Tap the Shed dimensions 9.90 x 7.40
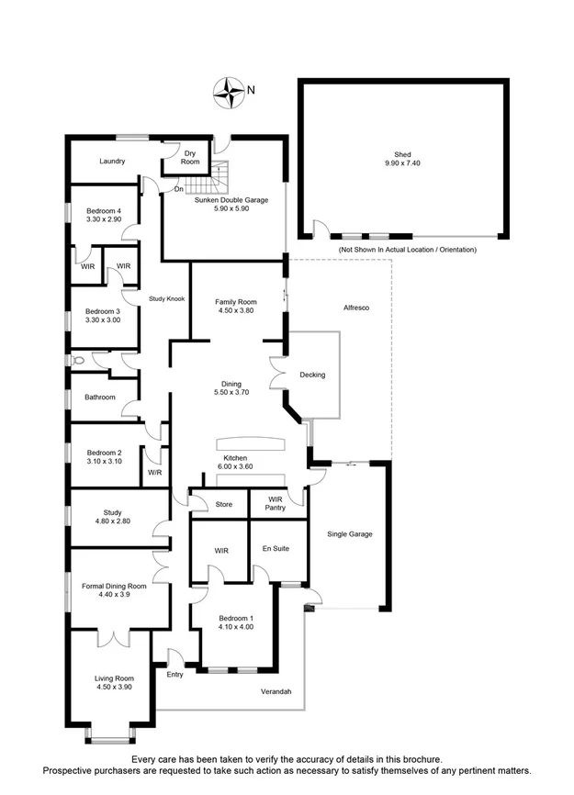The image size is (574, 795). (x=402, y=163)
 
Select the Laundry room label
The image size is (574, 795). (x=112, y=162)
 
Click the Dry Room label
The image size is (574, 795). (x=190, y=157)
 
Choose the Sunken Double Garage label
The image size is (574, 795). (x=231, y=199)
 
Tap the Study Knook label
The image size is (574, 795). (x=167, y=299)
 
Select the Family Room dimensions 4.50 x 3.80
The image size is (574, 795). (x=235, y=310)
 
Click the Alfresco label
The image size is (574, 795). (x=355, y=308)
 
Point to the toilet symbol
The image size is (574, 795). (x=77, y=362)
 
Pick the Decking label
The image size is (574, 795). (x=312, y=375)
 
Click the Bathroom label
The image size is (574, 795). (x=100, y=397)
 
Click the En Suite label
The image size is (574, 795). (x=276, y=548)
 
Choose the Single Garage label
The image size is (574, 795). (x=350, y=533)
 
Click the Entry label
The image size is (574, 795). (x=175, y=675)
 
